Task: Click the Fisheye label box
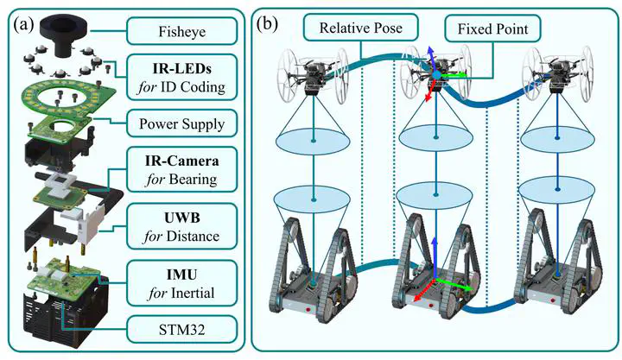[x=181, y=34]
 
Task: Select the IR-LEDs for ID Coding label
[x=181, y=77]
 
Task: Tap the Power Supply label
[x=181, y=123]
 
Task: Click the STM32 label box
[x=181, y=327]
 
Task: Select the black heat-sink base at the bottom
[x=67, y=315]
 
